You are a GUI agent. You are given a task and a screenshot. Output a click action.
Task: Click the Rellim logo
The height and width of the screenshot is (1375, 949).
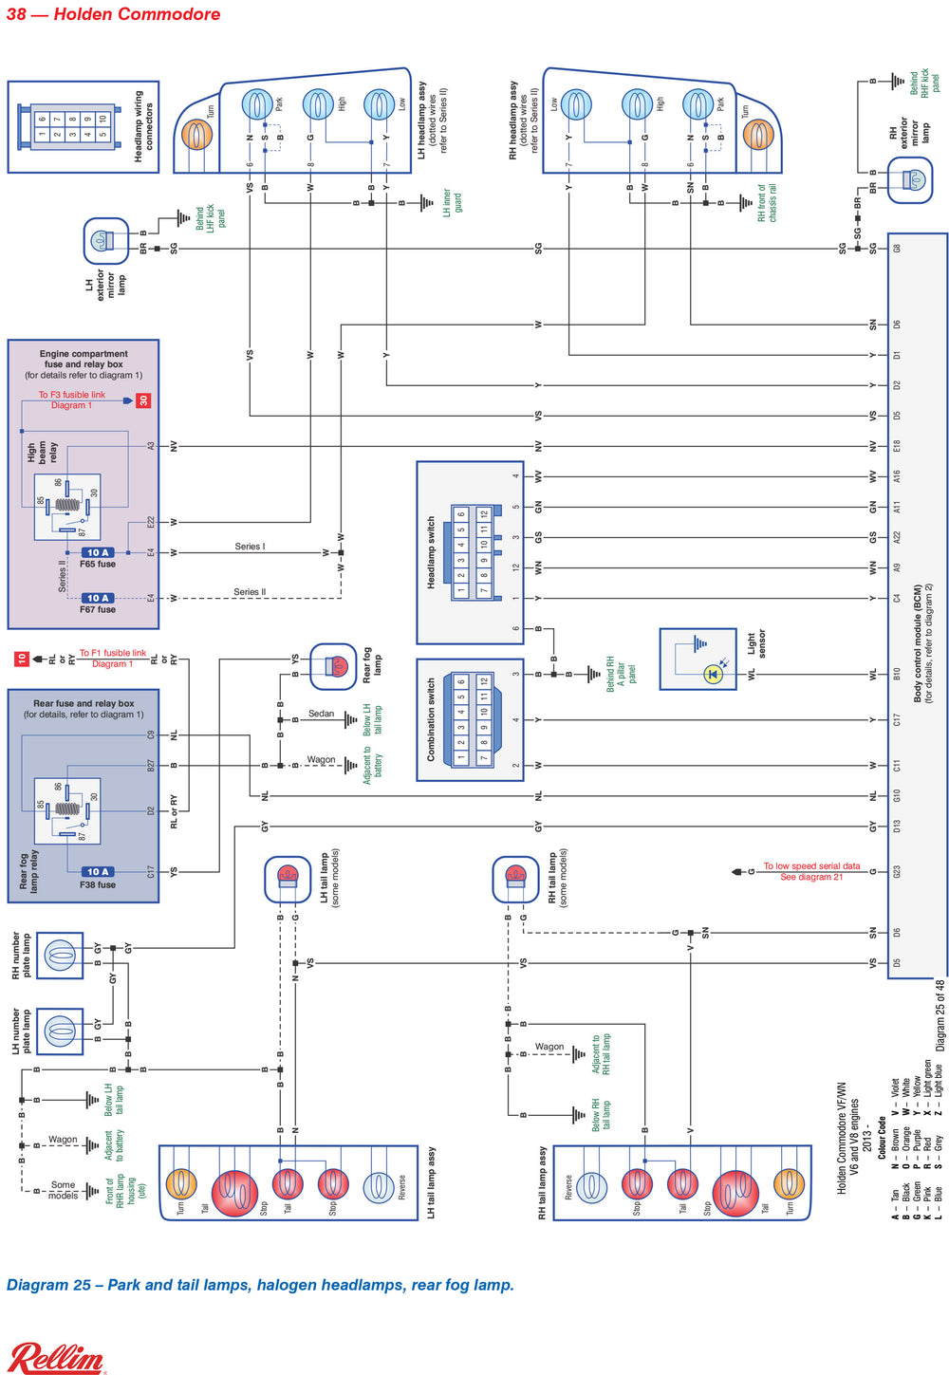57,1357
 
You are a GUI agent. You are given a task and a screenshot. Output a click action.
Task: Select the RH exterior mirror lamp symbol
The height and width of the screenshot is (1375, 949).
910,180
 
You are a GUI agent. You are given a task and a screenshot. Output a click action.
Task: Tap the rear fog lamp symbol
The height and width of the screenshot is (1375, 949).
333,666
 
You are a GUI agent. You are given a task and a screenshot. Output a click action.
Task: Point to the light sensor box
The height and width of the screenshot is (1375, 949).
698,659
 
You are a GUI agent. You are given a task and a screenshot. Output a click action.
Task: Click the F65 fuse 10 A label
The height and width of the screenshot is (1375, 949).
98,552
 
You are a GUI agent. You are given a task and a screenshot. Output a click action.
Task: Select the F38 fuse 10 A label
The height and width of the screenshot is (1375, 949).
98,871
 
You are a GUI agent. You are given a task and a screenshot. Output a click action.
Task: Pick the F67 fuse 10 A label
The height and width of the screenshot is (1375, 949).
98,598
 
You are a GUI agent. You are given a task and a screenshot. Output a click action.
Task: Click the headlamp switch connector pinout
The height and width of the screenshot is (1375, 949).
471,551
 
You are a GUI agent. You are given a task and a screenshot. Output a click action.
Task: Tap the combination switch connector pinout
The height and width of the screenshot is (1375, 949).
471,719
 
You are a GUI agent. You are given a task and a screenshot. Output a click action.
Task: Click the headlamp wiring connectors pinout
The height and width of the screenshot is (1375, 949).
72,126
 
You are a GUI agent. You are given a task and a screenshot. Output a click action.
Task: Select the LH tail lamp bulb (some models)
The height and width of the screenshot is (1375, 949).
288,879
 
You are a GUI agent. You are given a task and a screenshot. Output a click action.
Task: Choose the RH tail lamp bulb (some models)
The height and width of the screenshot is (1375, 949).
515,879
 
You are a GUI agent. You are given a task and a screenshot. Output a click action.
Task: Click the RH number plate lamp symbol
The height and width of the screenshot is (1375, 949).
59,955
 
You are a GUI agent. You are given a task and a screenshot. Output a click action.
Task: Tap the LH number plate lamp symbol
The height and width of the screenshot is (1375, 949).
59,1031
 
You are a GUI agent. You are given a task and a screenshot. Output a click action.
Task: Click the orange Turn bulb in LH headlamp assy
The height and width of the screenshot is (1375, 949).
196,135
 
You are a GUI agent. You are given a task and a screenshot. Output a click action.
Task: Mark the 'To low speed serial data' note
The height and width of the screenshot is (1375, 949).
811,871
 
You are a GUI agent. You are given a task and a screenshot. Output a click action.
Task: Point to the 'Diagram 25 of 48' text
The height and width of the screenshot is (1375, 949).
940,1015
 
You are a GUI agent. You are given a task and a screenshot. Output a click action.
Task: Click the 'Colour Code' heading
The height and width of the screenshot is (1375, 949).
882,1137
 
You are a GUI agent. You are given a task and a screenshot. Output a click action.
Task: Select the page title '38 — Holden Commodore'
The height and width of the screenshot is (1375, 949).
113,14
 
